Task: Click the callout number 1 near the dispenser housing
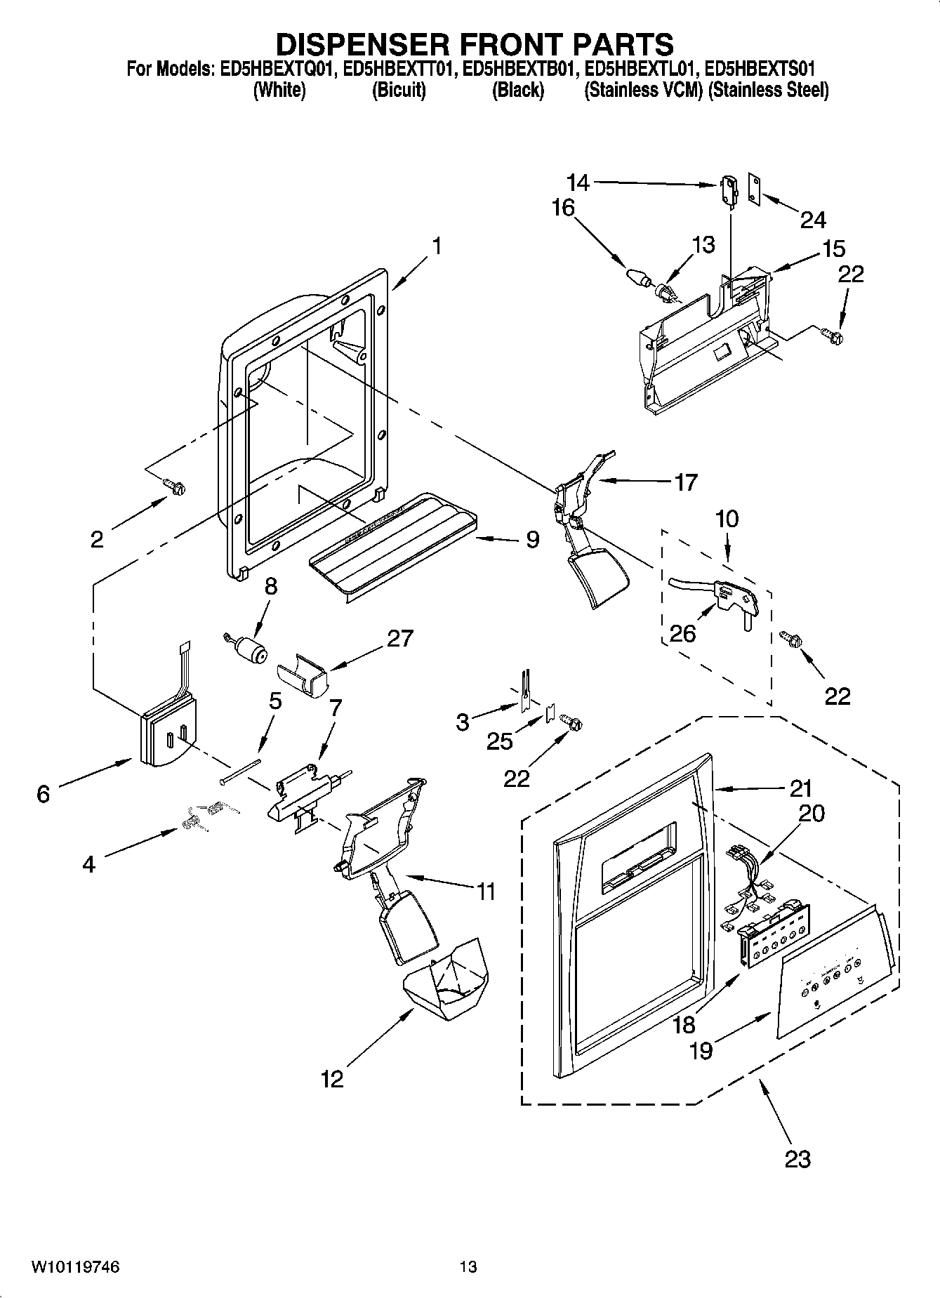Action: coord(437,246)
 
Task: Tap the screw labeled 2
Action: coord(173,486)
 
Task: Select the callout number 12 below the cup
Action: coord(332,1078)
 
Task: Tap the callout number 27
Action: coord(399,638)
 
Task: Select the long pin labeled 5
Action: coord(239,771)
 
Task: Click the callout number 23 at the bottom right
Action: coord(797,1158)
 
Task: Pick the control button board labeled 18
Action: coord(772,942)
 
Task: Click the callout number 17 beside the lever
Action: coord(685,482)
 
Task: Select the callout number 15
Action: coord(834,249)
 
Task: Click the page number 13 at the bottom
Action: coord(468,1266)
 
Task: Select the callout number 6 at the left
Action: coord(44,794)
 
